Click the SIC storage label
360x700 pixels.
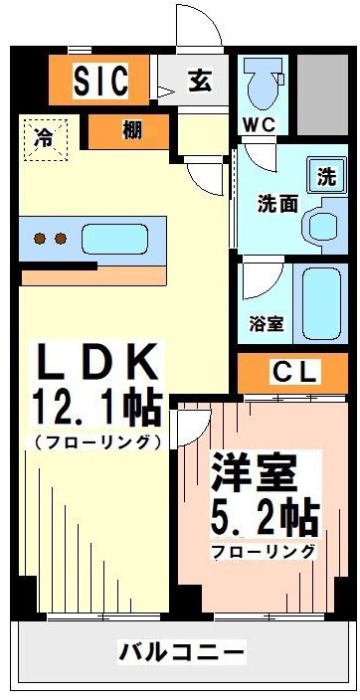(100, 80)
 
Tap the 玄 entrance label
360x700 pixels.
(199, 81)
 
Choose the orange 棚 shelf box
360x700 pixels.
(131, 130)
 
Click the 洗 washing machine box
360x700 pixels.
(326, 177)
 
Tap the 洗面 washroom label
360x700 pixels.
(277, 203)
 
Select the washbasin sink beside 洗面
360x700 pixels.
(324, 224)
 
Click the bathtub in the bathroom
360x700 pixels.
(321, 301)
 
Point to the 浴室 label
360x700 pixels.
(266, 324)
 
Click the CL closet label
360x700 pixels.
(294, 374)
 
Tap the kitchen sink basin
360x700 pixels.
(113, 240)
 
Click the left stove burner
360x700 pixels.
(41, 239)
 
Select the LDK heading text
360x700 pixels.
(97, 362)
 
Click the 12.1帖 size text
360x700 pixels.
(97, 407)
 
